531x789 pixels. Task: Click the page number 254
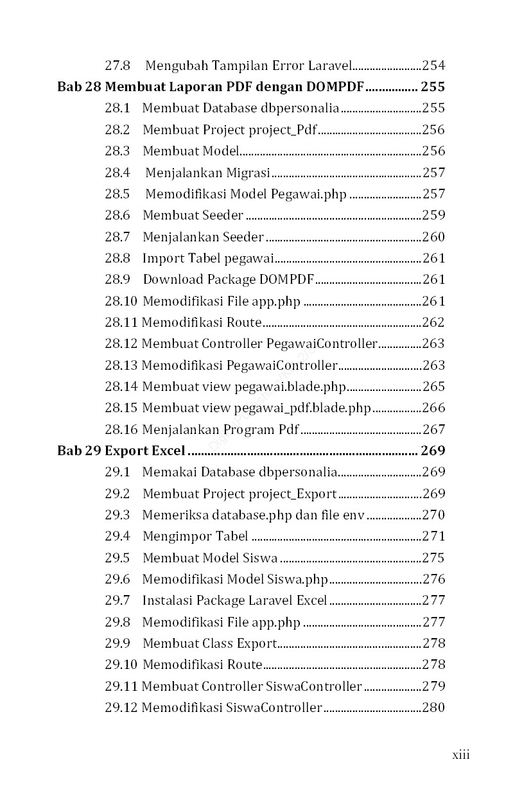click(433, 65)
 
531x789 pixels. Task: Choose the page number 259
click(433, 215)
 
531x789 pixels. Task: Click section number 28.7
click(118, 237)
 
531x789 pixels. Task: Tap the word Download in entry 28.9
click(168, 279)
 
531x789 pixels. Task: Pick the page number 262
click(433, 322)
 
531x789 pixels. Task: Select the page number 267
click(433, 429)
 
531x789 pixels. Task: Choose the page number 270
click(433, 515)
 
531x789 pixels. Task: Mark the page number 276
click(433, 579)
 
